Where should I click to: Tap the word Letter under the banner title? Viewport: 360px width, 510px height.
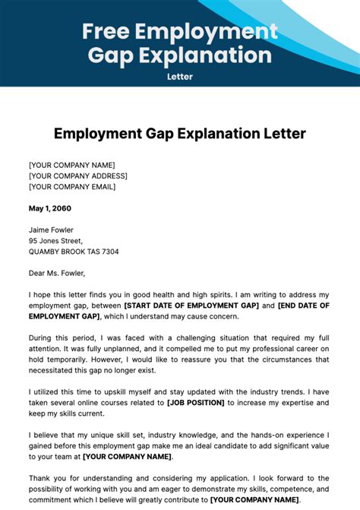coord(180,76)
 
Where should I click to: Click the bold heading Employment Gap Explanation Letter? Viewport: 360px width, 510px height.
coord(180,134)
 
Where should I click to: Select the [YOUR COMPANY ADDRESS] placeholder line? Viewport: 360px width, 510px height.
coord(78,176)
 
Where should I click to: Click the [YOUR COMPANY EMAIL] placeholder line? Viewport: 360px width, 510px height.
coord(72,187)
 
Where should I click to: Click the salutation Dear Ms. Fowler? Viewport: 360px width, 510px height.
coord(57,273)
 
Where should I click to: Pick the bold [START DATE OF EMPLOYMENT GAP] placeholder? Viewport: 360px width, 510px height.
coord(191,306)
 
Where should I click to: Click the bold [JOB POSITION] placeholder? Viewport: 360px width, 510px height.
coord(195,402)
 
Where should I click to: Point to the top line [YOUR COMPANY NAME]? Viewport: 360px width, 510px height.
coord(71,165)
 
